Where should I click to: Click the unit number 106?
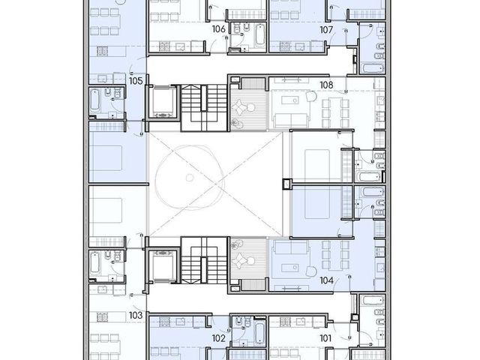pos(218,29)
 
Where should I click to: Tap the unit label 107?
pos(326,30)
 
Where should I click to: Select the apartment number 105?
pos(136,81)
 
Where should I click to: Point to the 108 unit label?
pos(326,85)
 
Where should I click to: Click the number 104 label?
pos(326,280)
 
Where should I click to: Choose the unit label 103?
pos(136,315)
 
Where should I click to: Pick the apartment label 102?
pos(218,338)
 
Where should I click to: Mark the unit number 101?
pos(325,338)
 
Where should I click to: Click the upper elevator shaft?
pos(163,102)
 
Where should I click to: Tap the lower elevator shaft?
pos(163,266)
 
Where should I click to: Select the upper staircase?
pos(204,107)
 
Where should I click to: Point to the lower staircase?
pos(204,260)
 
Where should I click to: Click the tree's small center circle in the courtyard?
pos(190,177)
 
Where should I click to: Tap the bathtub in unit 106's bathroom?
pos(260,34)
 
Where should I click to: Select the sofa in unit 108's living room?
pos(290,120)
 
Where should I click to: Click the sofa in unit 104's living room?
pos(290,247)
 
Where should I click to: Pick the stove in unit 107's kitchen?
pos(285,46)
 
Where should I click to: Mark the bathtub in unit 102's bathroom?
pos(260,333)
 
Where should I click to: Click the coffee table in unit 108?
pos(290,100)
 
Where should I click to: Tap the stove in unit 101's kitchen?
pos(285,321)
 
